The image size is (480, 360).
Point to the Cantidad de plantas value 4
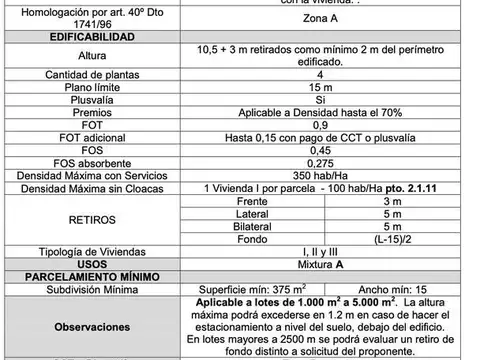[x=320, y=75]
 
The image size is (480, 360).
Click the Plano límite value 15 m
[x=320, y=88]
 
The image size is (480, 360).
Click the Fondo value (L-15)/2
[x=393, y=238]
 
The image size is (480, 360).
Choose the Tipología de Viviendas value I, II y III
[x=320, y=251]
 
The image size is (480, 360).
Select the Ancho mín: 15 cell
[x=393, y=290]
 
